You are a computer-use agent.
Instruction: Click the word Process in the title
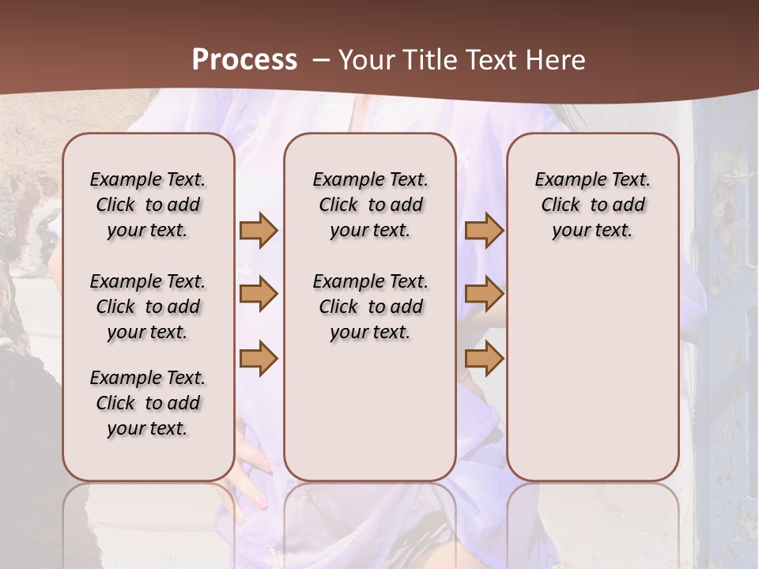(244, 60)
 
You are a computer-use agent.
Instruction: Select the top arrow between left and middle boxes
(259, 230)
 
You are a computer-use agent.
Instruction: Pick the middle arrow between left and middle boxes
(259, 294)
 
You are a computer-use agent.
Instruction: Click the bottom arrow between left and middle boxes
(259, 358)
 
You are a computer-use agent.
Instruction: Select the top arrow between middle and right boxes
(484, 230)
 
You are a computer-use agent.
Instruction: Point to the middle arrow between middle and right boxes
(484, 294)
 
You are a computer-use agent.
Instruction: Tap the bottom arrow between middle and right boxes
(484, 358)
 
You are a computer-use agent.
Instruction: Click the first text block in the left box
(148, 205)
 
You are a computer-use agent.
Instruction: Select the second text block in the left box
(148, 307)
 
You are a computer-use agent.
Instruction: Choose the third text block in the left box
(148, 403)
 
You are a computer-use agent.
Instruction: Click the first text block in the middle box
(370, 205)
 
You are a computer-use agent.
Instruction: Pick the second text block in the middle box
(370, 307)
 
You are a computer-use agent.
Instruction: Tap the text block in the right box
(592, 205)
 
